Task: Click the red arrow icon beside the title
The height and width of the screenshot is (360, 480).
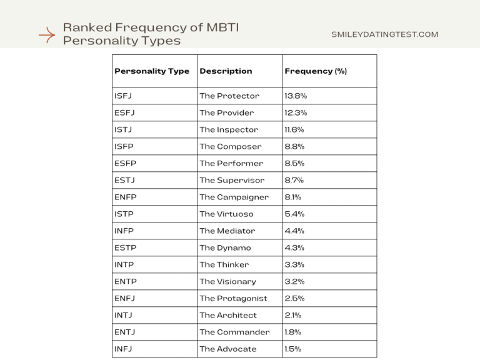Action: [47, 35]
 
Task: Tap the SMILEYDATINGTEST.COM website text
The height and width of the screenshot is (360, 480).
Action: [384, 34]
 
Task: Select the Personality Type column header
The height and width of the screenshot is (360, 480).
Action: [151, 71]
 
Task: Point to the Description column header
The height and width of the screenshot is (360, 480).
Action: [226, 71]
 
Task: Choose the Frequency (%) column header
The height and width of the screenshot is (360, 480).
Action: [316, 71]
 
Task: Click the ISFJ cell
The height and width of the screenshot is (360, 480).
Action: [123, 96]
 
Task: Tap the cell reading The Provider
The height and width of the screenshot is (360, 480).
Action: [227, 113]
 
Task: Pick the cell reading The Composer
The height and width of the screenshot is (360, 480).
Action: [231, 147]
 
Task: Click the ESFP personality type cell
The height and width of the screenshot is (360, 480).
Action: [125, 164]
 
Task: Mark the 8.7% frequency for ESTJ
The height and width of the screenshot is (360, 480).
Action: [294, 181]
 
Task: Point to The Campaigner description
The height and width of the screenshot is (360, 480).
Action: [234, 197]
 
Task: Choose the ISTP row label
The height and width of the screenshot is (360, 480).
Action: [124, 214]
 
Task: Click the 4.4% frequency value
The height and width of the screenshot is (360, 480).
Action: [295, 231]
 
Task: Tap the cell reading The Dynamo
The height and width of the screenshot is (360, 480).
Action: [225, 248]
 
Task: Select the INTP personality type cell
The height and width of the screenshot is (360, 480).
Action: [124, 265]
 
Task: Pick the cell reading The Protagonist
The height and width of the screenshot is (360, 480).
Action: [233, 299]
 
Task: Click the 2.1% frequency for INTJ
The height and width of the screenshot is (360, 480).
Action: [293, 316]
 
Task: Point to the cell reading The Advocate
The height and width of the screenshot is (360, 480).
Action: [227, 349]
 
